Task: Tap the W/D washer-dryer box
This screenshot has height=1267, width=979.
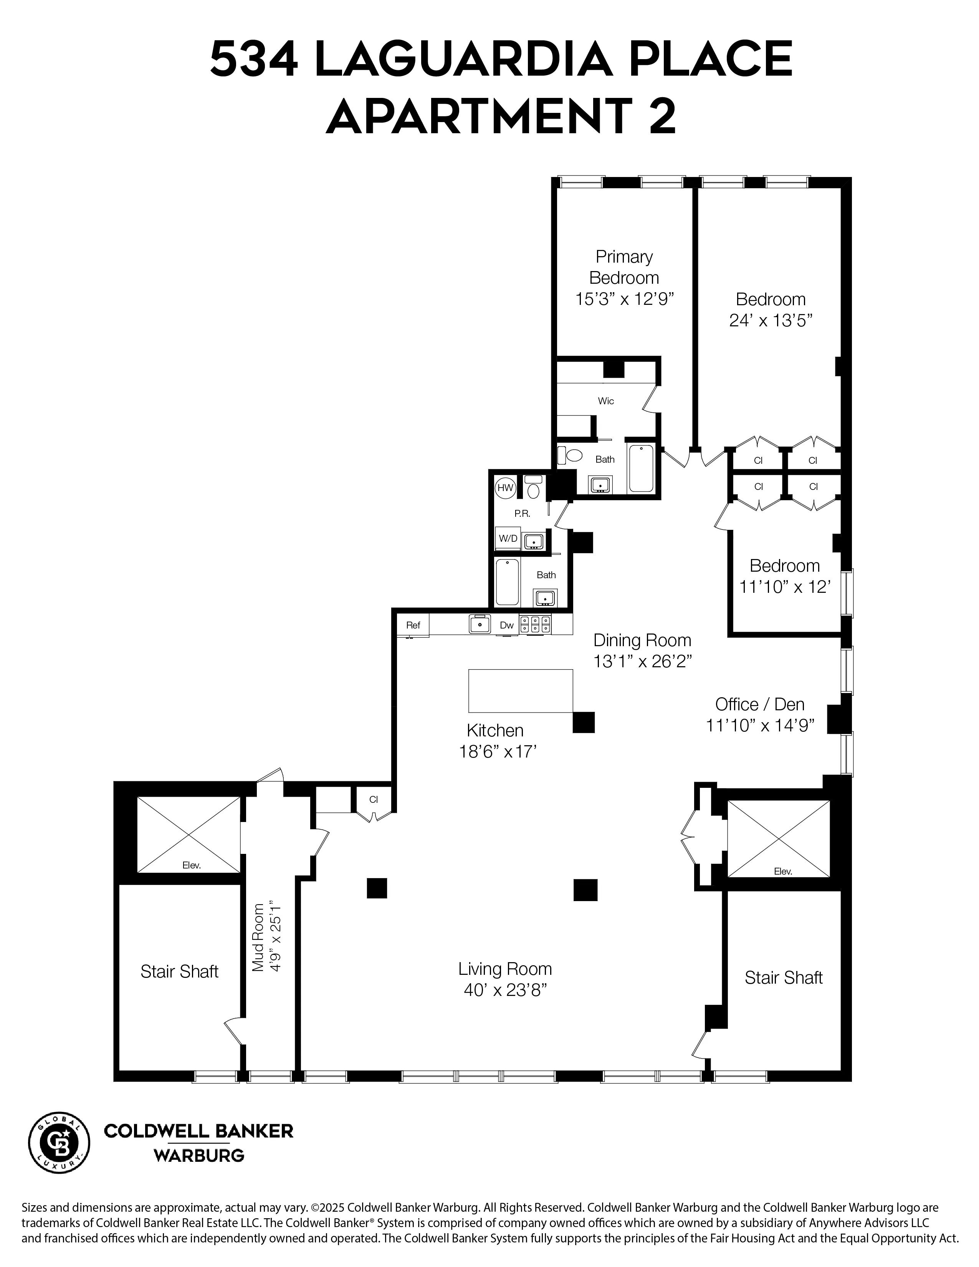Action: tap(508, 538)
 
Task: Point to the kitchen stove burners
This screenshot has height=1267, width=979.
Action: tap(535, 624)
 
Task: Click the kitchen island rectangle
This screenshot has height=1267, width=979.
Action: tap(520, 690)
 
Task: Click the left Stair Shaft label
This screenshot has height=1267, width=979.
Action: tap(179, 972)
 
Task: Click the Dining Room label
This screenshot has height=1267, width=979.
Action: tap(642, 640)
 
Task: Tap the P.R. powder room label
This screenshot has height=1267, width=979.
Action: tap(522, 513)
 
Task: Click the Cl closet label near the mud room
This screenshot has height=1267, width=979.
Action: tap(374, 799)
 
